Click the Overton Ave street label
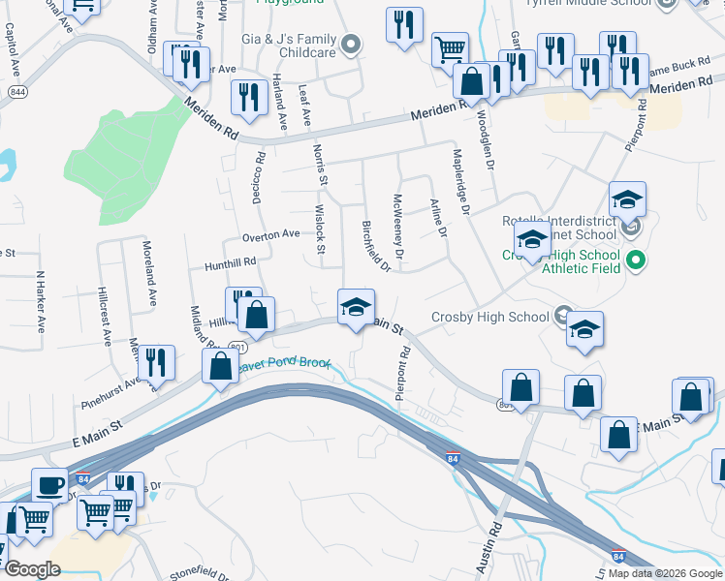point(270,234)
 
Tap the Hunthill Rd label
point(230,262)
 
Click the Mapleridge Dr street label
point(459,180)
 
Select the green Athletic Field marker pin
point(636,260)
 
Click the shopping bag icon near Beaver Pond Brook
point(220,366)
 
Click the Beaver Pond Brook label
point(287,366)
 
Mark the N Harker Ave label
point(41,301)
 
